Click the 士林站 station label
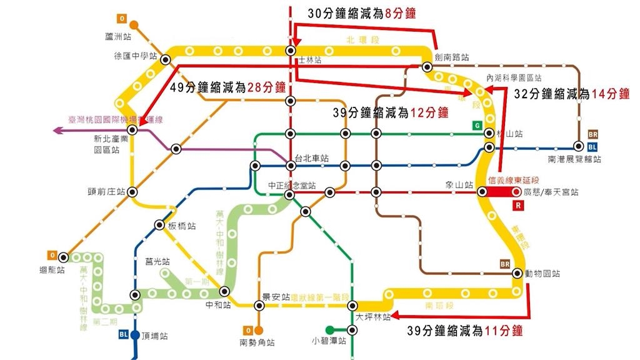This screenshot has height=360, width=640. click(x=310, y=61)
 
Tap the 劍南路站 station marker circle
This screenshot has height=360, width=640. click(x=427, y=67)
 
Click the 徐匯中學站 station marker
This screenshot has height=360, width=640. click(x=166, y=60)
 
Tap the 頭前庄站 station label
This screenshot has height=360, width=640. click(x=107, y=192)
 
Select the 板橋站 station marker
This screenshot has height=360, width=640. click(x=159, y=226)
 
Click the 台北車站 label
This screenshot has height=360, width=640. click(x=312, y=159)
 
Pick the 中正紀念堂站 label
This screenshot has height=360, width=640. click(x=292, y=186)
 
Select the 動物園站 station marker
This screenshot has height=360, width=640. click(x=517, y=273)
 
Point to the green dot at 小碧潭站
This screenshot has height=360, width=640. click(x=329, y=330)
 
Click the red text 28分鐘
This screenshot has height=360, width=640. click(x=266, y=87)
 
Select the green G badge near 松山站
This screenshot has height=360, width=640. click(x=477, y=126)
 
